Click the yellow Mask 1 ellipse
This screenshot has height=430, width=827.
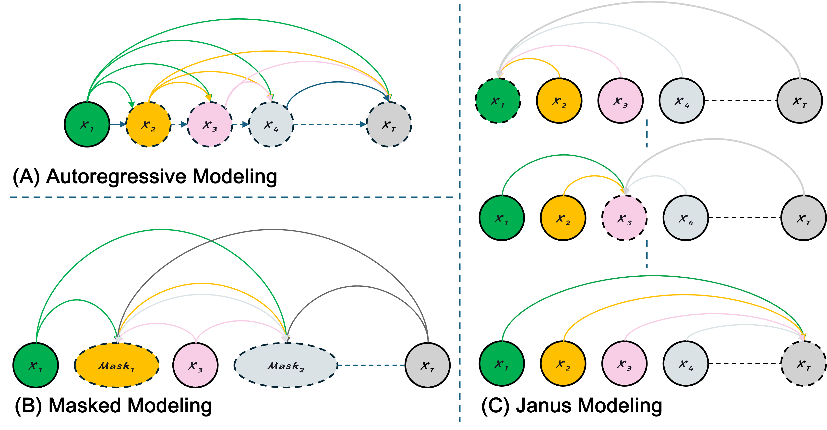point(117,365)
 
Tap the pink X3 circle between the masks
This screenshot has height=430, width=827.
point(195,365)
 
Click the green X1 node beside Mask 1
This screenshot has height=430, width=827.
point(36,365)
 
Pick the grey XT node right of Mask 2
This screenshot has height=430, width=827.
point(427,365)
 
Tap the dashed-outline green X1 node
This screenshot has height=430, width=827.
point(498,100)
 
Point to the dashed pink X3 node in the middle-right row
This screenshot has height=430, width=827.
point(624,218)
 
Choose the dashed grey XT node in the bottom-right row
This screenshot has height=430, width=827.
point(803,364)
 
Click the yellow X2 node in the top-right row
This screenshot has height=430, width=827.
point(559,100)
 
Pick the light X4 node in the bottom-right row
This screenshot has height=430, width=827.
point(685,364)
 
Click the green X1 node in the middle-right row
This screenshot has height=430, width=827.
point(502,218)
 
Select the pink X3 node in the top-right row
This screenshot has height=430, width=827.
point(620,100)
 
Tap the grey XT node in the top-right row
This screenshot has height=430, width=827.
point(799,100)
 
